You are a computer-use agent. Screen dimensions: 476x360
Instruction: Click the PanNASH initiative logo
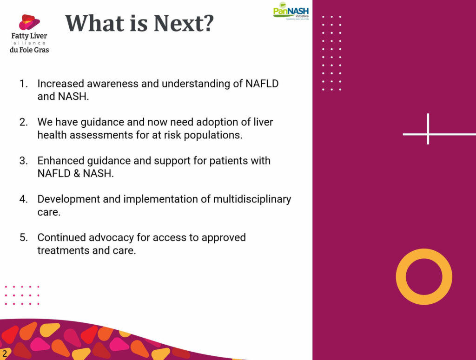[x=291, y=11]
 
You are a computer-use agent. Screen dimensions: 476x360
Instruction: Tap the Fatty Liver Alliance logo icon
[x=29, y=22]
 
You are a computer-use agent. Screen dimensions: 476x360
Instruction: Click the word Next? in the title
[x=184, y=23]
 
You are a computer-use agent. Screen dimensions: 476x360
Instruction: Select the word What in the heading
[x=95, y=23]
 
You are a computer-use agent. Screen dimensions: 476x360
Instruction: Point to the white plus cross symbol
[x=428, y=134]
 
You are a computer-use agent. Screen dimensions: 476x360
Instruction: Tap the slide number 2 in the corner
[x=5, y=353]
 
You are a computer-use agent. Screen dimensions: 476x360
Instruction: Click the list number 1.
[x=23, y=84]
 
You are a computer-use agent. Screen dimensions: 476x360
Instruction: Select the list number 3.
[x=23, y=161]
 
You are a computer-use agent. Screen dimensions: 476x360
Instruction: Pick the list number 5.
[x=23, y=237]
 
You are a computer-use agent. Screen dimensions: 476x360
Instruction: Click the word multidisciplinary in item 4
[x=252, y=200]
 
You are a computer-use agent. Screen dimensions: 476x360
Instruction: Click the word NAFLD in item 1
[x=262, y=84]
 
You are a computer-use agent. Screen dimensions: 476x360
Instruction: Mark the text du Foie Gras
[x=29, y=50]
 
